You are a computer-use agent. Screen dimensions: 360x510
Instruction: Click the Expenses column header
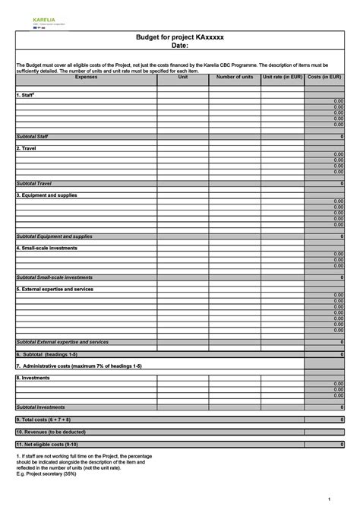point(86,78)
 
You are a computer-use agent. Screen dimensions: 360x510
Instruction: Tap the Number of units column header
point(235,78)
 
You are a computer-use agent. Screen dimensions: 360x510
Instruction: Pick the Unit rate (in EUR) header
point(283,78)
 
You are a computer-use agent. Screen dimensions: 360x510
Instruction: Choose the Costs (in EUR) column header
point(324,78)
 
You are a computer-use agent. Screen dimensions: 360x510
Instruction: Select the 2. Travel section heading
point(26,148)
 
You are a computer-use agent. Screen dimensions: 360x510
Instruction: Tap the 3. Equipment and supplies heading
point(46,195)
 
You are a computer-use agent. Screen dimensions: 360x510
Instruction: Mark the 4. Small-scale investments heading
point(47,248)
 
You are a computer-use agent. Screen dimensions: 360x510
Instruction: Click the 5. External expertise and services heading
point(55,289)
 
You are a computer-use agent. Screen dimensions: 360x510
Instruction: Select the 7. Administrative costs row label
point(79,366)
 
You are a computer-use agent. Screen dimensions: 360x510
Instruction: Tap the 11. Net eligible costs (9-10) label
point(47,443)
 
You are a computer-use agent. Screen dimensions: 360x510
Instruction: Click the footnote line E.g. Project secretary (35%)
point(46,473)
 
